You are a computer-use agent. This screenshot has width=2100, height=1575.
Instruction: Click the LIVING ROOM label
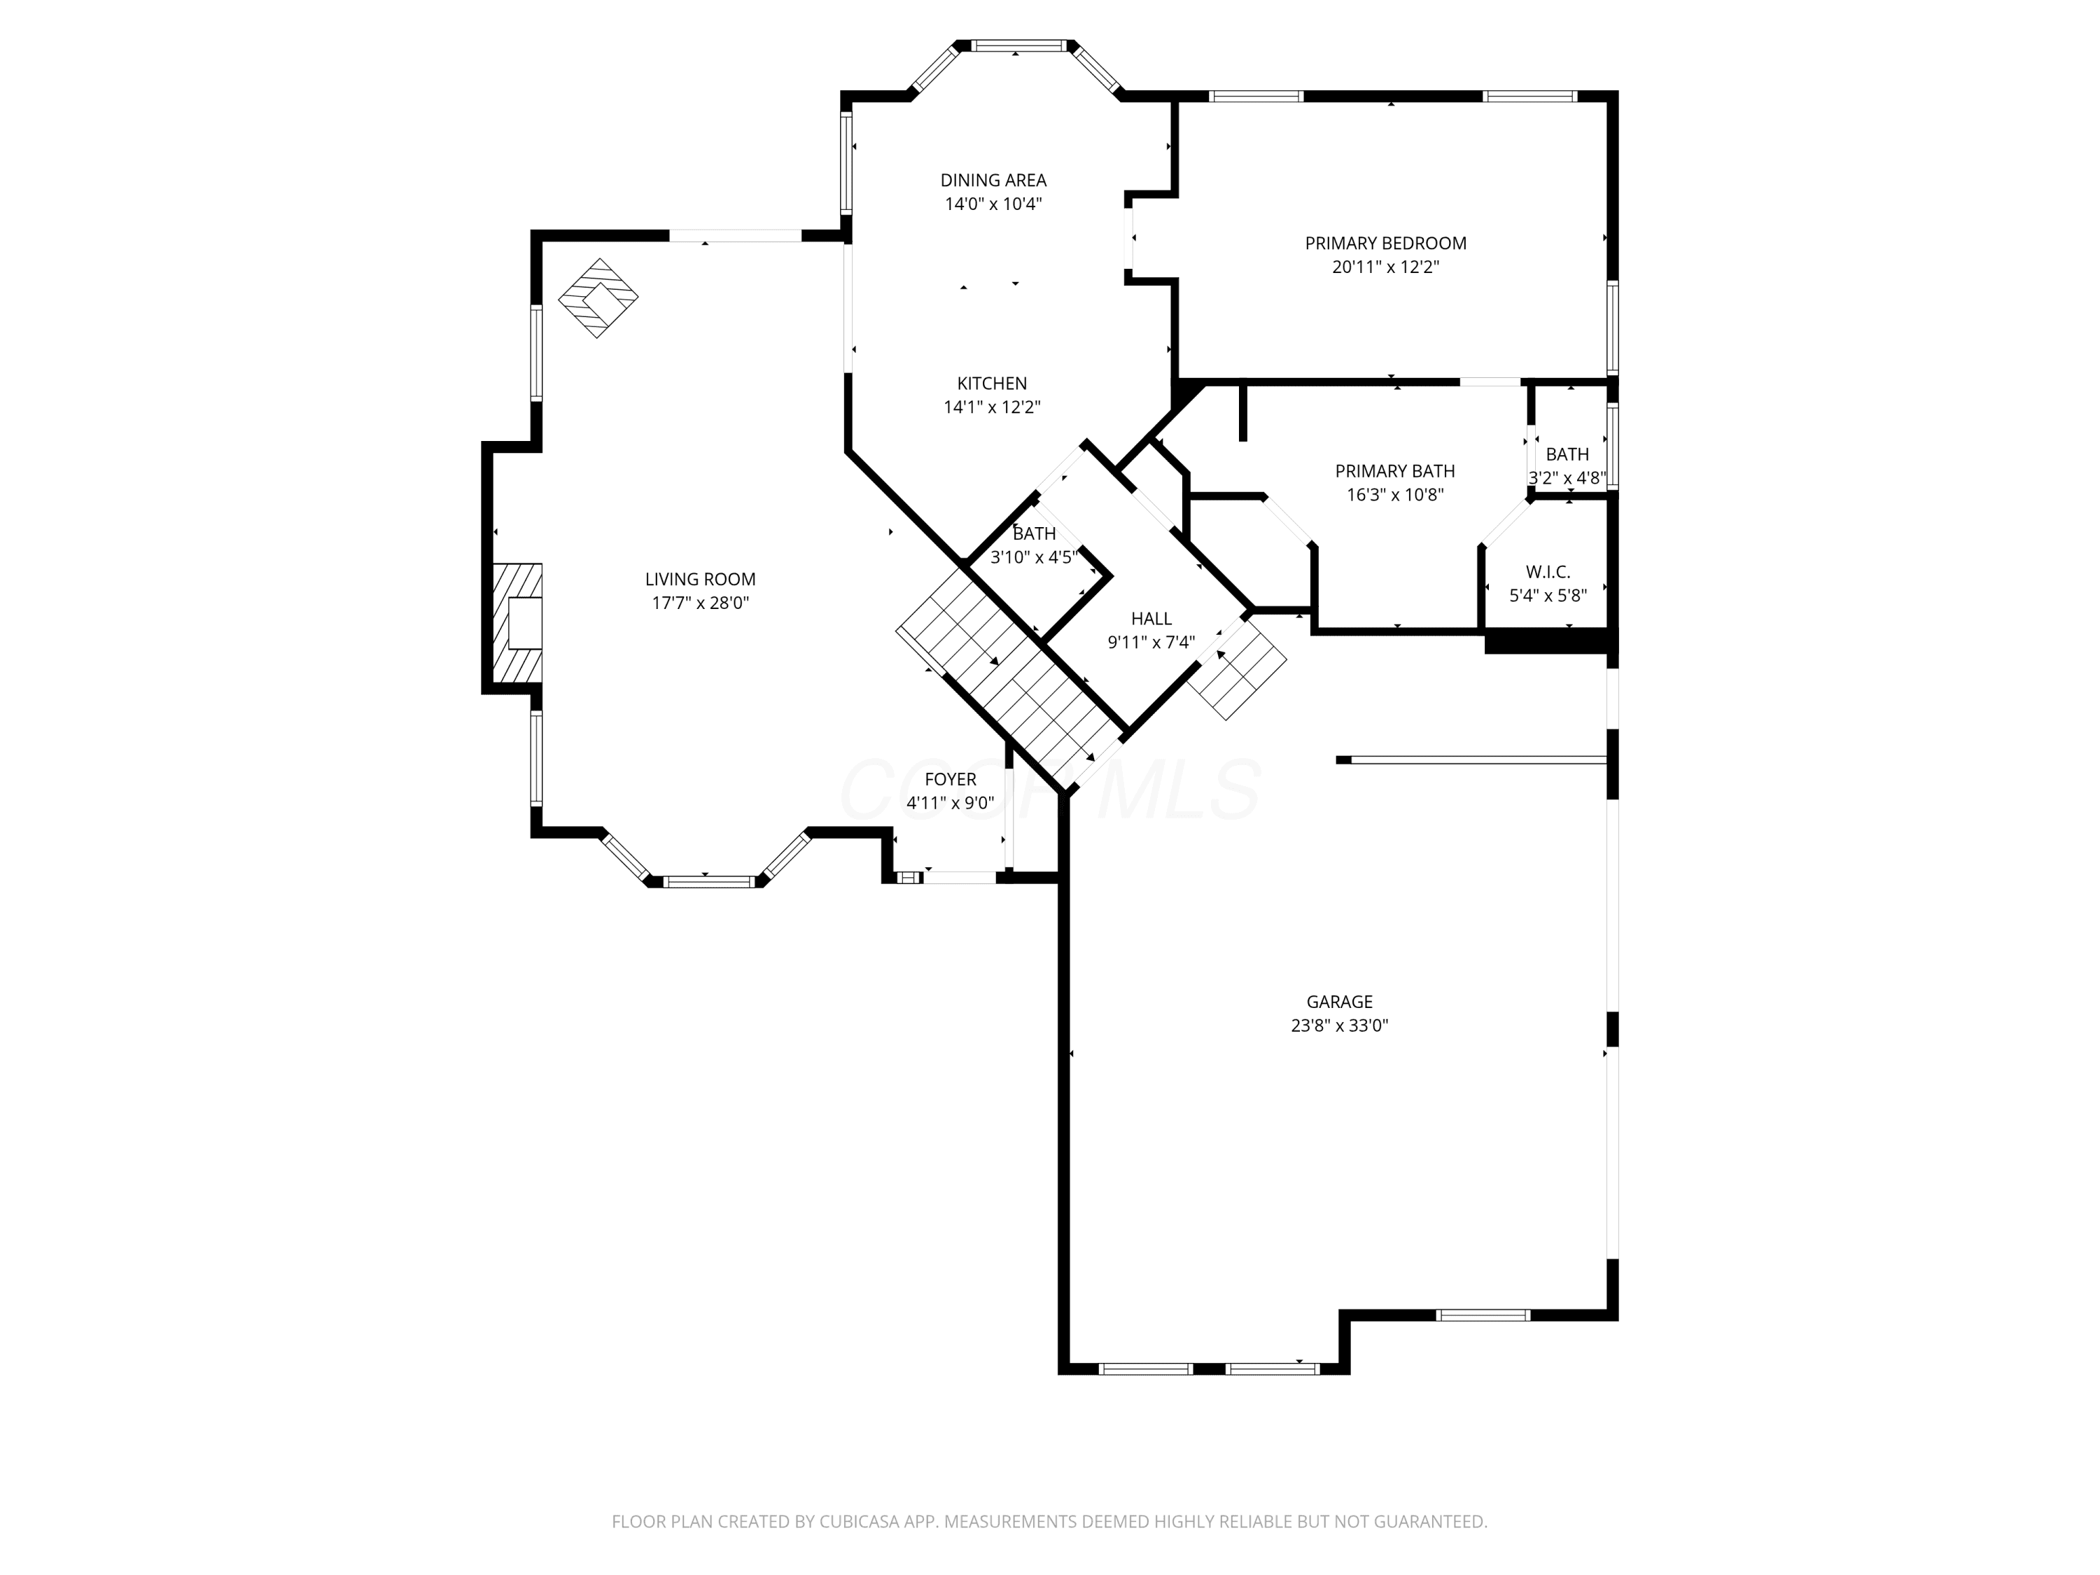700,579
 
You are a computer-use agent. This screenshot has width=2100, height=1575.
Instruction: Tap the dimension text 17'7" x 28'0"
700,603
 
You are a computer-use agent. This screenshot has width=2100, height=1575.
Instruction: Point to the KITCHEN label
992,384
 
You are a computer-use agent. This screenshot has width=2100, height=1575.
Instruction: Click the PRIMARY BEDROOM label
1385,243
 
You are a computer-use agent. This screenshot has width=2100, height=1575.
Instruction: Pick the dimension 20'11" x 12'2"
1385,267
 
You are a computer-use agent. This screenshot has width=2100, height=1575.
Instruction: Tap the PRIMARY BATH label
1394,471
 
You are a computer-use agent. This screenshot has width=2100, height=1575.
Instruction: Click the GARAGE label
1340,1002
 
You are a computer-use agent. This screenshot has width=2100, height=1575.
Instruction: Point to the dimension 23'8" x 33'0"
1340,1025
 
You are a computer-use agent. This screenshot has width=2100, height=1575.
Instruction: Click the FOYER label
951,779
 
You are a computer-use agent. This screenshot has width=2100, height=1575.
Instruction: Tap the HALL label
1151,619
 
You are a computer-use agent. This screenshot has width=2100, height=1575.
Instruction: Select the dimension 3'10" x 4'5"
1034,557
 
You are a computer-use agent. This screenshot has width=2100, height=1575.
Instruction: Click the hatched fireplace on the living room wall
517,623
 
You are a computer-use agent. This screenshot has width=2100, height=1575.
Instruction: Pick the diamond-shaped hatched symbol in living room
598,298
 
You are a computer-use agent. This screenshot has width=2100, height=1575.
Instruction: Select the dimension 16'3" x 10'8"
1394,495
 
